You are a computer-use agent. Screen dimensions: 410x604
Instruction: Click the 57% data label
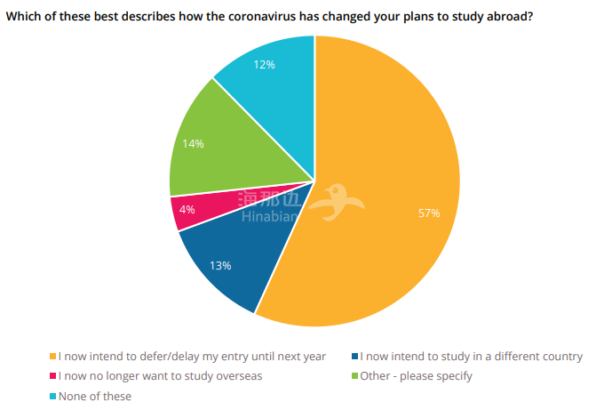pyautogui.click(x=429, y=213)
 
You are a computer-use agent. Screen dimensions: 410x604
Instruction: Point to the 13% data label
pyautogui.click(x=220, y=265)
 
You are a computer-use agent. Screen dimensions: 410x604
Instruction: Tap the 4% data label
pyautogui.click(x=187, y=210)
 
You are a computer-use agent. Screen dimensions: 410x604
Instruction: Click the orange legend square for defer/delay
pyautogui.click(x=53, y=357)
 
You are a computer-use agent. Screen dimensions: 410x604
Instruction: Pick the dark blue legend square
pyautogui.click(x=355, y=357)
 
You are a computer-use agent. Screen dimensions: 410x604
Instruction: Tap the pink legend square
pyautogui.click(x=53, y=376)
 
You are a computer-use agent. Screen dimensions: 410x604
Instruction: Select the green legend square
pyautogui.click(x=355, y=376)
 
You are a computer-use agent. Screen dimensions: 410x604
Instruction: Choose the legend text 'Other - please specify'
pyautogui.click(x=417, y=376)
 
